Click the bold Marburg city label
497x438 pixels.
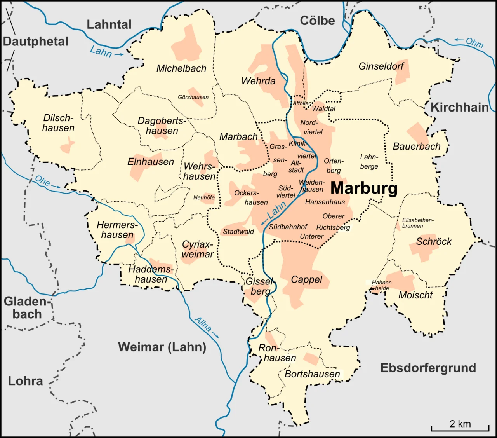(364, 188)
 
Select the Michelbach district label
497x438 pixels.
(181, 68)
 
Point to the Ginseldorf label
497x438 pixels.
(381, 66)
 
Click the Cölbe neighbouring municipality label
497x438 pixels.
(317, 21)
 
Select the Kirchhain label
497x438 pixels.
(459, 107)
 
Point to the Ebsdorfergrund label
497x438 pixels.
(428, 368)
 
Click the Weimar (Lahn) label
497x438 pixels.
(162, 347)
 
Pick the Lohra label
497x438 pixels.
(26, 381)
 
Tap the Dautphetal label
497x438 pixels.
(36, 42)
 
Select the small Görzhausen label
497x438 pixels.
(193, 97)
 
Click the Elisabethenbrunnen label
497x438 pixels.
(417, 223)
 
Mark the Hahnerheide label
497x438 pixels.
(382, 285)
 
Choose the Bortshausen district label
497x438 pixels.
(312, 374)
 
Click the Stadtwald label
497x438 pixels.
(238, 232)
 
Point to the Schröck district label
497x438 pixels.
(434, 241)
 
